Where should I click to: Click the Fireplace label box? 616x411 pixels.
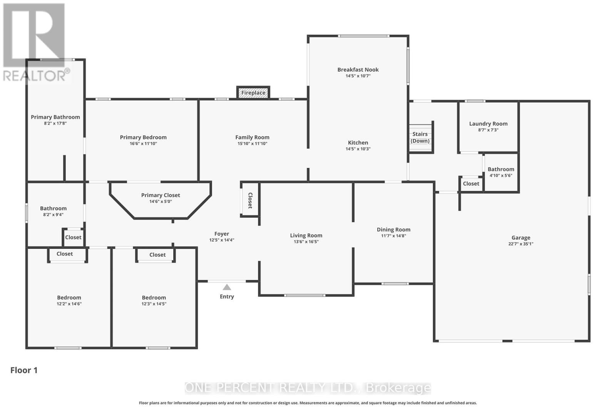[x=253, y=92]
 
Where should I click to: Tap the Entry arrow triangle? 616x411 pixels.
[x=227, y=287]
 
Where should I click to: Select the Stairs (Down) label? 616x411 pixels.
[x=420, y=137]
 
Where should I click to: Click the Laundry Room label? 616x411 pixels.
[x=488, y=124]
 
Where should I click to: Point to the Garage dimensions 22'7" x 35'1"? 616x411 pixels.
[x=521, y=244]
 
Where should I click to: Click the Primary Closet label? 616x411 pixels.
[x=161, y=195]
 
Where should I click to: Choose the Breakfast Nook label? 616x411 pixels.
[x=358, y=70]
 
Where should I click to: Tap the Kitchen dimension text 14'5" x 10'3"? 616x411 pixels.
[x=358, y=149]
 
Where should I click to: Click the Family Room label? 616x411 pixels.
[x=252, y=137]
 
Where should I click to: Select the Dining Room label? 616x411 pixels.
[x=393, y=230]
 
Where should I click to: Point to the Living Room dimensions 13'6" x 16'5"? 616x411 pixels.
[x=306, y=242]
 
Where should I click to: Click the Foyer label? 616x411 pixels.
[x=222, y=234]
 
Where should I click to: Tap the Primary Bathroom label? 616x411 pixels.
[x=55, y=117]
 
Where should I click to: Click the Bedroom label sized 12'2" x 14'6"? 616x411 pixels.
[x=69, y=297]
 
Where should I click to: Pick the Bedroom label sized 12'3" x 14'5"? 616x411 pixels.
[x=154, y=297]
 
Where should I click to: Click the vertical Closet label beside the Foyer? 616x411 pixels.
[x=250, y=200]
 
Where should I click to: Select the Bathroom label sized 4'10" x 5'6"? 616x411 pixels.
[x=501, y=169]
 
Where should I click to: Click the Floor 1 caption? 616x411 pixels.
[x=24, y=370]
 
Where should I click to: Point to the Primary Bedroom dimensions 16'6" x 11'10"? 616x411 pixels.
[x=143, y=144]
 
